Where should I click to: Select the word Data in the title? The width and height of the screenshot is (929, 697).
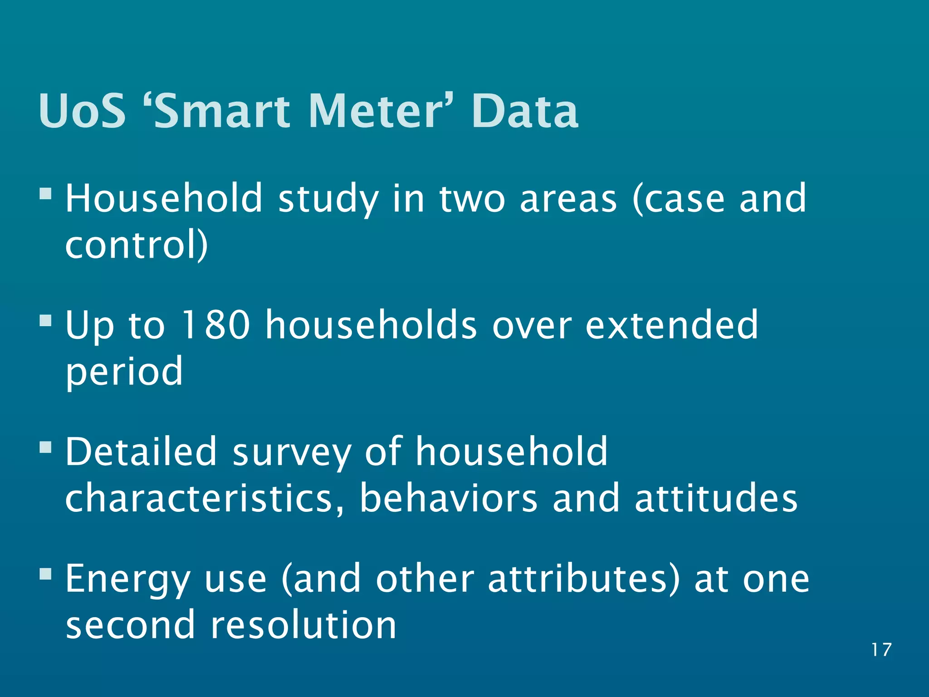[x=525, y=111]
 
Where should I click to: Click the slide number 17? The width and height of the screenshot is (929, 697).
[x=881, y=650]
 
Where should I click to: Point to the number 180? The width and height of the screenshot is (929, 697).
[x=215, y=325]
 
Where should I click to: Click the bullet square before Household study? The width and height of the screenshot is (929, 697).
[x=46, y=194]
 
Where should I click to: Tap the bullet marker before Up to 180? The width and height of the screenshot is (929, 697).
[x=46, y=321]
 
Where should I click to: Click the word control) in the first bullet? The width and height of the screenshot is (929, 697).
[x=137, y=245]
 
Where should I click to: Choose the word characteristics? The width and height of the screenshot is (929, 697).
[x=205, y=498]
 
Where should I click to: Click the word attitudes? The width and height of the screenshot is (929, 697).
[x=715, y=498]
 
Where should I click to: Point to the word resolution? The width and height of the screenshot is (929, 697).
[x=303, y=625]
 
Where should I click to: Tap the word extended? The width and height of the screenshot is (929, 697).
[x=671, y=325]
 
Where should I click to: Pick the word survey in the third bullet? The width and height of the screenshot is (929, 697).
[x=292, y=453]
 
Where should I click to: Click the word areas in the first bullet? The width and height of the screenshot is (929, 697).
[x=568, y=199]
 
